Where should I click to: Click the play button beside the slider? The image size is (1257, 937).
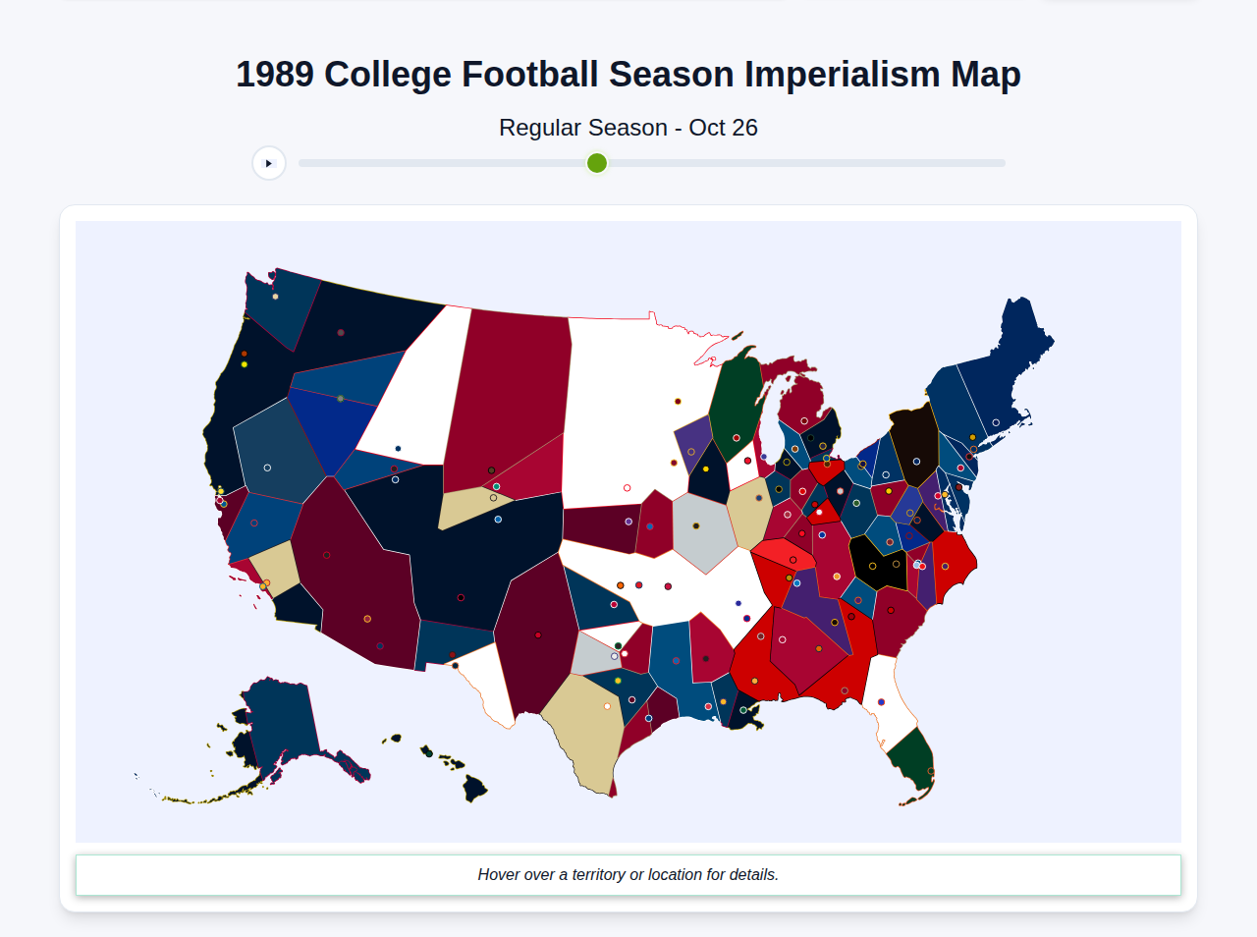(269, 163)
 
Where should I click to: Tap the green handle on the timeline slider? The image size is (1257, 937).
(597, 163)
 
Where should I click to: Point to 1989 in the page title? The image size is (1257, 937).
(275, 75)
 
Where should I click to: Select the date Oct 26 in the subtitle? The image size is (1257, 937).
(723, 128)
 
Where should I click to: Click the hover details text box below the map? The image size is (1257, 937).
(628, 874)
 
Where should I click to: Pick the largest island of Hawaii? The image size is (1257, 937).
(475, 788)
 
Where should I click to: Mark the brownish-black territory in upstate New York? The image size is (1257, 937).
(913, 442)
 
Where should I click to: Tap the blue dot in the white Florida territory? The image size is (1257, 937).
(881, 702)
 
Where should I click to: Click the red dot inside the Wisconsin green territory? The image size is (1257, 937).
(737, 438)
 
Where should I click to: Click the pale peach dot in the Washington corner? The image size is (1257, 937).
(275, 297)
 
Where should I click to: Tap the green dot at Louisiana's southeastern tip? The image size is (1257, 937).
(743, 710)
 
